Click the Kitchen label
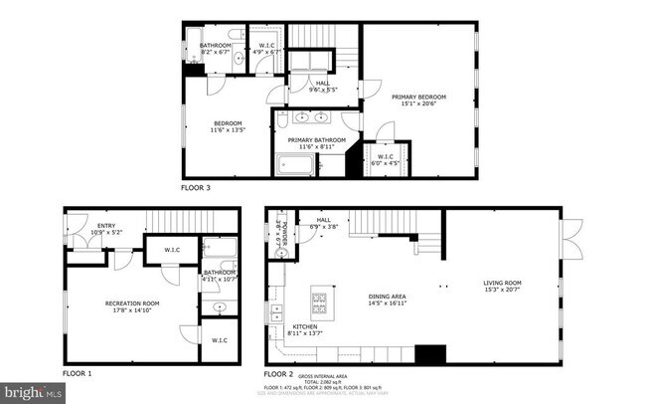tap(305, 331)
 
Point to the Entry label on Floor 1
tap(105, 229)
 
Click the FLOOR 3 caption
tap(195, 187)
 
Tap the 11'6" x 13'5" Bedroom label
tap(227, 126)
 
